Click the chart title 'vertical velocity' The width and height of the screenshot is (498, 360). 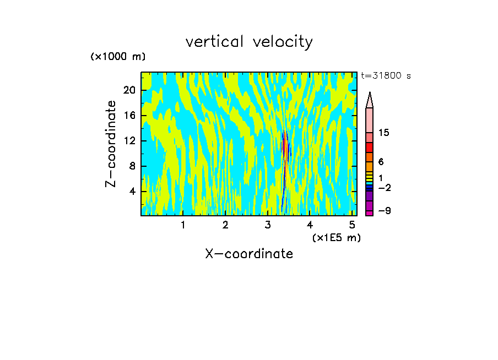(249, 42)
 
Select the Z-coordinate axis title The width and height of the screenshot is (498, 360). (111, 144)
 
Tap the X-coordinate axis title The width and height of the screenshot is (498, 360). (249, 254)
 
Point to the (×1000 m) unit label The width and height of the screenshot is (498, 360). (118, 57)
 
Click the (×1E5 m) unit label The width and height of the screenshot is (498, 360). (336, 237)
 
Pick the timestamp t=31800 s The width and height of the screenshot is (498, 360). (386, 76)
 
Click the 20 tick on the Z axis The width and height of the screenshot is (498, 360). (130, 90)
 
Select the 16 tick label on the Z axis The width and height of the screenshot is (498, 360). (130, 116)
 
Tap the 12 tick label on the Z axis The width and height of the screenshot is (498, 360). (130, 141)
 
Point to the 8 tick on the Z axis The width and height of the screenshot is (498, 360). (133, 166)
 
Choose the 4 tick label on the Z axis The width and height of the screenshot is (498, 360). (133, 192)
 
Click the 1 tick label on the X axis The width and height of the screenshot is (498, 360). (183, 225)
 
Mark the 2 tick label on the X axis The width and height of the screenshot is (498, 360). (225, 225)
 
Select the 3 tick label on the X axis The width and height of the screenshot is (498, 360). (268, 225)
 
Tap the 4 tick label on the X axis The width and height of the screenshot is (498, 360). (310, 225)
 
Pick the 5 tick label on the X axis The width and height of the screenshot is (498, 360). (352, 225)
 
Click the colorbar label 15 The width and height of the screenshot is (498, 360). (384, 133)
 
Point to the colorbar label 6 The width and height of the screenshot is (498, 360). (381, 162)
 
